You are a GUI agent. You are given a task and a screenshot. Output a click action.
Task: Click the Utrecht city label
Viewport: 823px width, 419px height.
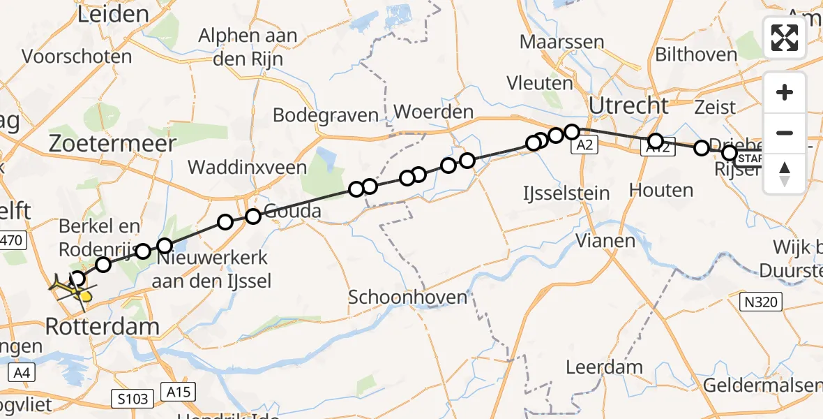(x=628, y=105)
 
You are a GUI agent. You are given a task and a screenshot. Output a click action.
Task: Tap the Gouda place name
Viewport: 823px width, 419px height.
(x=294, y=211)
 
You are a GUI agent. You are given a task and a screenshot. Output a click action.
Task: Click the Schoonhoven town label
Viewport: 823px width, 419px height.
(x=408, y=297)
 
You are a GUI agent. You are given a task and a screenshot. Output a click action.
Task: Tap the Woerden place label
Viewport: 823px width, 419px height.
(x=433, y=112)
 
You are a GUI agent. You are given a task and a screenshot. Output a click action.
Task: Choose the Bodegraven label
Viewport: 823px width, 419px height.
(x=326, y=115)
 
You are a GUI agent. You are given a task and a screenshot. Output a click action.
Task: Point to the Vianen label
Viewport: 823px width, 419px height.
(x=606, y=242)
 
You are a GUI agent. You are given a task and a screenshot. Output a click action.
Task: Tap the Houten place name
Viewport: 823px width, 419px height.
(x=660, y=190)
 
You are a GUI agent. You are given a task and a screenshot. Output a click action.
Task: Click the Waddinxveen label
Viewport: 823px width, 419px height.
(x=247, y=168)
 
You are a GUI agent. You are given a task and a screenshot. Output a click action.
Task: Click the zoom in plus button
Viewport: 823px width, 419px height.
(x=785, y=93)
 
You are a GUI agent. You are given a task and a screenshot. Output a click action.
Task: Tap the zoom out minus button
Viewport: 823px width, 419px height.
(x=785, y=133)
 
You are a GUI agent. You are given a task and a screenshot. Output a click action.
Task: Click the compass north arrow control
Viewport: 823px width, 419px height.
(x=785, y=172)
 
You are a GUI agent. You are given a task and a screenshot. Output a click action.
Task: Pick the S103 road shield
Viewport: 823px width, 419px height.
(x=132, y=399)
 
